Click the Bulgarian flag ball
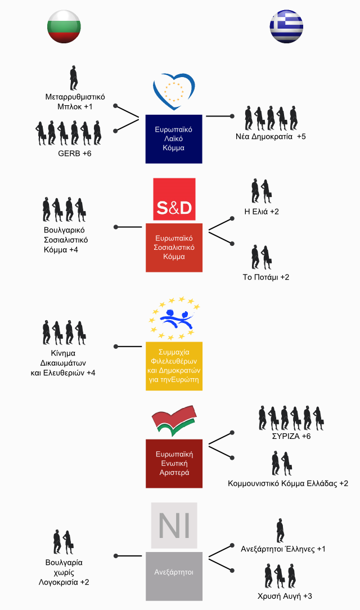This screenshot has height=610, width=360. tap(64, 26)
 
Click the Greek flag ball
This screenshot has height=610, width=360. tap(286, 26)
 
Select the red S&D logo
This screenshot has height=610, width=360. tap(174, 199)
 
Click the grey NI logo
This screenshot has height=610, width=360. tap(174, 525)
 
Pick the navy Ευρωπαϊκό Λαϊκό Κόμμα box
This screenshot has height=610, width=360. tap(174, 139)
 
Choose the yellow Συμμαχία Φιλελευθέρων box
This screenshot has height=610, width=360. tap(174, 366)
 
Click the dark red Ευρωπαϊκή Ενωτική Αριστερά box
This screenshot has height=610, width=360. tap(174, 463)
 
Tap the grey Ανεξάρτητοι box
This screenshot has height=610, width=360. tap(174, 576)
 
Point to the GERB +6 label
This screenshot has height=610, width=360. tap(75, 154)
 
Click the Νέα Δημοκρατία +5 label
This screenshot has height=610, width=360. tap(271, 137)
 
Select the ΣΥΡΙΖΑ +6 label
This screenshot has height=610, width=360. tap(291, 436)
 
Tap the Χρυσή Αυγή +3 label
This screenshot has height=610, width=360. tap(285, 596)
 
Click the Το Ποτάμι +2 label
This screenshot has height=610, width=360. tap(266, 277)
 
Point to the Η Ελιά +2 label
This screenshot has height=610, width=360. tap(262, 212)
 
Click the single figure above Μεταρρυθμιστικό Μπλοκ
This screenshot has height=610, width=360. tap(74, 78)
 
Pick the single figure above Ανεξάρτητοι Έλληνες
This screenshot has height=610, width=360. tap(280, 531)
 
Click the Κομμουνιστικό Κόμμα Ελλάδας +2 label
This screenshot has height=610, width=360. tap(288, 483)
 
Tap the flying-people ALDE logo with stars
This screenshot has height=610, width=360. tap(174, 318)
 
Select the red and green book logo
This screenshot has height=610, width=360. tap(174, 420)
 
